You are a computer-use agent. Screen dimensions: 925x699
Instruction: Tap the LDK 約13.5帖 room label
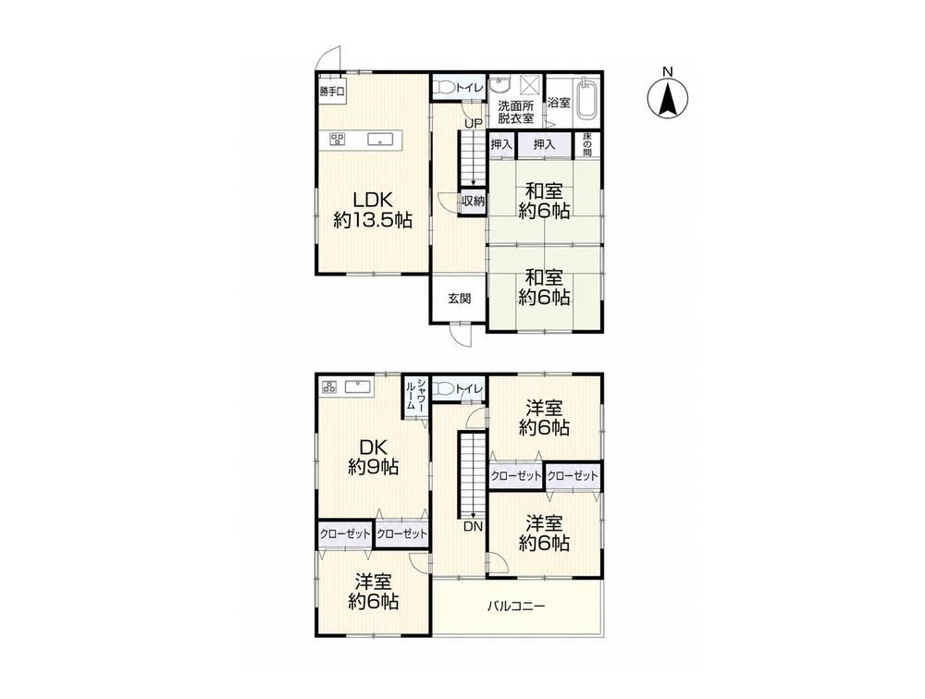click(x=372, y=209)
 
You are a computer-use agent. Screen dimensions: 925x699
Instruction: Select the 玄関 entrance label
click(x=459, y=299)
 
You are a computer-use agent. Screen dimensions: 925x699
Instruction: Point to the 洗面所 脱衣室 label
click(x=515, y=112)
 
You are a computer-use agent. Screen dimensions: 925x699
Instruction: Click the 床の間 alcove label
click(x=587, y=144)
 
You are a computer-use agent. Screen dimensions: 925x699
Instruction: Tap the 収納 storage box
click(x=473, y=202)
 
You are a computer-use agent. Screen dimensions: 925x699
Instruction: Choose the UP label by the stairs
click(x=473, y=123)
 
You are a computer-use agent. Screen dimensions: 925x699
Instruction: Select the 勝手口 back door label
click(x=332, y=91)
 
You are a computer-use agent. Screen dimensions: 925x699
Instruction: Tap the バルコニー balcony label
click(x=516, y=606)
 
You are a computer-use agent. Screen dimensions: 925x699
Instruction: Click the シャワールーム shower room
click(x=414, y=397)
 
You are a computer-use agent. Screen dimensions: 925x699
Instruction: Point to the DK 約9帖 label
click(x=373, y=457)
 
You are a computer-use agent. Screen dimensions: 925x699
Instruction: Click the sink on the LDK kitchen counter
click(x=380, y=140)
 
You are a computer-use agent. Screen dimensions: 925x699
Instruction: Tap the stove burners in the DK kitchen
click(x=329, y=387)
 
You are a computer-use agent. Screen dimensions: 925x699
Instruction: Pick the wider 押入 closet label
click(x=544, y=144)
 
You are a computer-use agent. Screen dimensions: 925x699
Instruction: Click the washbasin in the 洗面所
click(x=500, y=87)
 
